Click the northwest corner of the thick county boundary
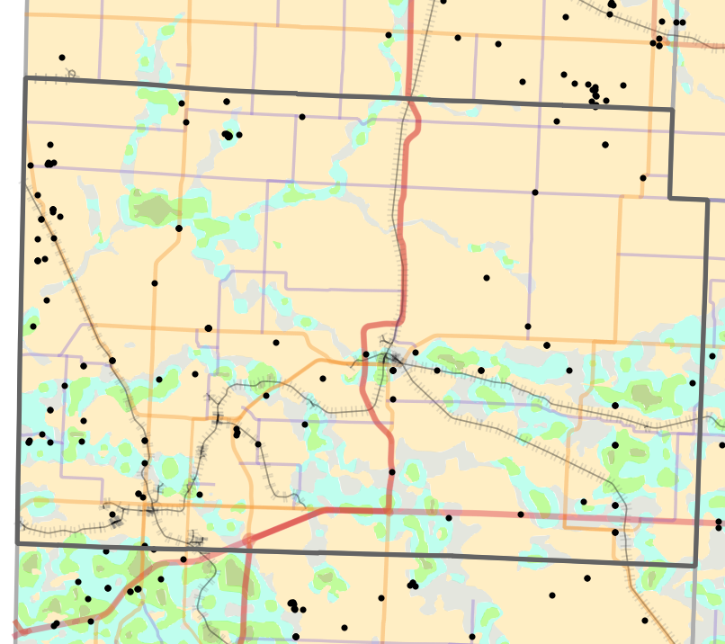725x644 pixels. pos(24,79)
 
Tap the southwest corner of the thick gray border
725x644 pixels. pos(17,543)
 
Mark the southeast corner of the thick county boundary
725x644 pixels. pos(695,565)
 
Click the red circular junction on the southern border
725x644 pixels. pos(248,541)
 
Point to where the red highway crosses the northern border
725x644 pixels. pos(410,98)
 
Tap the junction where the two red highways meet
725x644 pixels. pos(389,511)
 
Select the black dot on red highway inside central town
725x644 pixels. pos(366,354)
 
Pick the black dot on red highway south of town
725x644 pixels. pos(392,471)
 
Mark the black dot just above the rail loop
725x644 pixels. pos(62,58)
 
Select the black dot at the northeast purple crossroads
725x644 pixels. pos(535,192)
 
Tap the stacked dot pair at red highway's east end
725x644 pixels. pos(719,524)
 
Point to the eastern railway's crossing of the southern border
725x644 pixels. pos(626,561)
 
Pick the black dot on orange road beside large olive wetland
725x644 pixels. pos(179,228)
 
